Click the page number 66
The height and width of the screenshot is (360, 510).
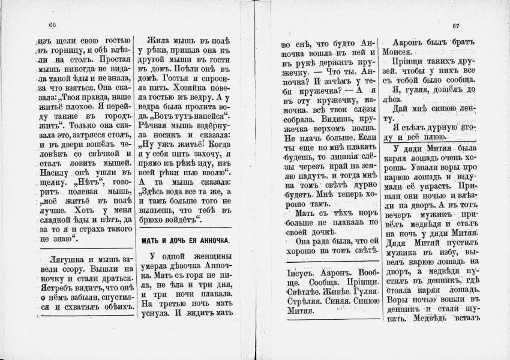coord(52,25)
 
